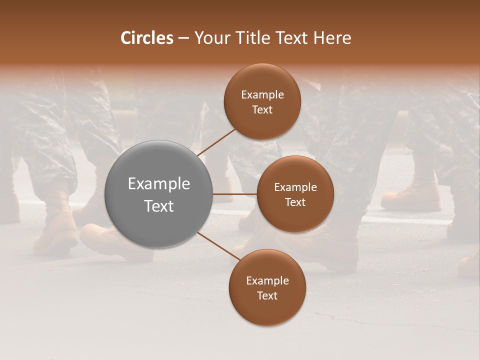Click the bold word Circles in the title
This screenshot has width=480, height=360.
point(146,38)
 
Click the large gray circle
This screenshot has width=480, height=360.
point(159,194)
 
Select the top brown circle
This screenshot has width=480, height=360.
point(262,102)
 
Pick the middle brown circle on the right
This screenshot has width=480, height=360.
point(295,194)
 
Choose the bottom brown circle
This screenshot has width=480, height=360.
point(267,287)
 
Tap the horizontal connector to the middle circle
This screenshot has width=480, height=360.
point(235,194)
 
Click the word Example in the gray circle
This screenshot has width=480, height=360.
point(159,184)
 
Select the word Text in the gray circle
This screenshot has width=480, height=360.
point(159,206)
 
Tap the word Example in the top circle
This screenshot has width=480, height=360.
point(262,95)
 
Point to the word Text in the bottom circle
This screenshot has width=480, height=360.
point(267,295)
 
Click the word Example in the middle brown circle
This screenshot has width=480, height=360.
point(295,187)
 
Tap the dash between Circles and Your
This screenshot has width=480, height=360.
point(183,38)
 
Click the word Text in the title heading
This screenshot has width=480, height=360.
point(292,38)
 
